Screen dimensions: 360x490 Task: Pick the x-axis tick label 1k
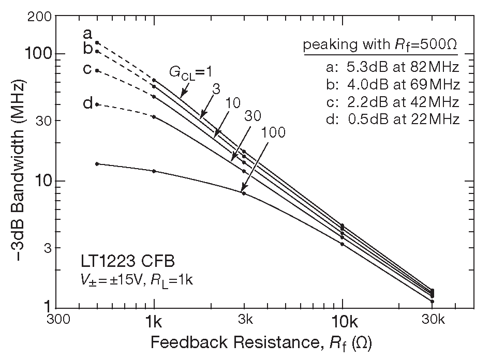[154, 321]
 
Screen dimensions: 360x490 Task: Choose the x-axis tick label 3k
[244, 321]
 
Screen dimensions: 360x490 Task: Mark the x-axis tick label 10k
[343, 321]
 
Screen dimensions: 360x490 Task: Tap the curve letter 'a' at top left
[87, 34]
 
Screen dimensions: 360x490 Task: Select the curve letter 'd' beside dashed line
[87, 103]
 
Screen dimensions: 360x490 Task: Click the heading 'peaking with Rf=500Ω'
[380, 45]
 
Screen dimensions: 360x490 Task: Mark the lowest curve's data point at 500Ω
[97, 164]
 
